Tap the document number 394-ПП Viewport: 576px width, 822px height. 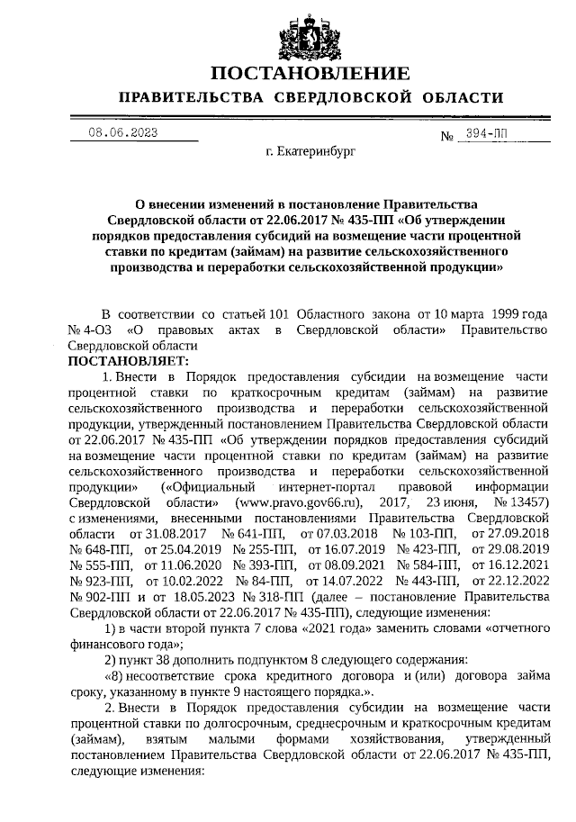coord(486,133)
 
